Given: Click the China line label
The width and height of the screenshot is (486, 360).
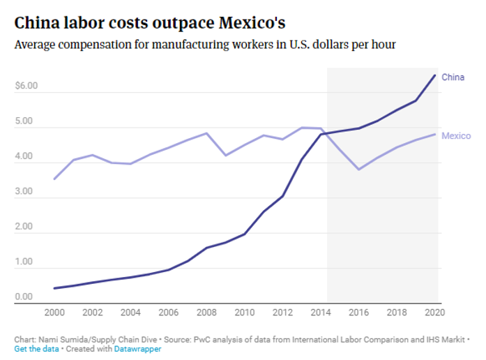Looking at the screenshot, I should [x=453, y=77].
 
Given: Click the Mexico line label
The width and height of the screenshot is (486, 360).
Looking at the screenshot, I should [x=456, y=135].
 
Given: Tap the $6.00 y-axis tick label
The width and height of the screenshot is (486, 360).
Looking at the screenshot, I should [x=26, y=86].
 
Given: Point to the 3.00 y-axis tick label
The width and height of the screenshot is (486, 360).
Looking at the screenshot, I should [x=24, y=191].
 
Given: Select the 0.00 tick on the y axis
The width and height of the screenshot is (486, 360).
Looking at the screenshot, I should [x=24, y=297].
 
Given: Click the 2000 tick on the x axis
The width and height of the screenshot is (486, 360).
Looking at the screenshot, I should [x=54, y=312].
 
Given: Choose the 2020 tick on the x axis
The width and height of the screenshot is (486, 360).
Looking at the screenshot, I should [x=434, y=312].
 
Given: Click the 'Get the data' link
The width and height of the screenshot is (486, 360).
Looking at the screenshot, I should [x=36, y=348].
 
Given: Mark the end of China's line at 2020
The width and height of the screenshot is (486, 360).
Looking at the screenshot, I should [x=435, y=75].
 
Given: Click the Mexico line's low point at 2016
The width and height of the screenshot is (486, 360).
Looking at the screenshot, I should [x=359, y=170].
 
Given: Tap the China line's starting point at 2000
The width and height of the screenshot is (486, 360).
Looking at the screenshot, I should [x=54, y=288].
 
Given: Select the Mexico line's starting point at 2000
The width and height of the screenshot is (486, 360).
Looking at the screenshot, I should [x=54, y=179].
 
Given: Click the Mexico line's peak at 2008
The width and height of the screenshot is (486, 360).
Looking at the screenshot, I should [x=207, y=133].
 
